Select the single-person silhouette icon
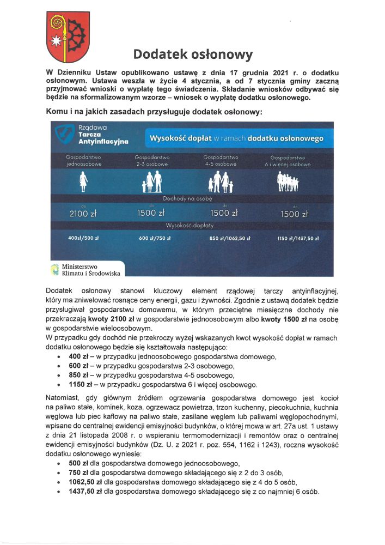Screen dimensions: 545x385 pyautogui.click(x=84, y=181)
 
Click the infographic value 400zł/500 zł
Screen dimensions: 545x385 pyautogui.click(x=83, y=239)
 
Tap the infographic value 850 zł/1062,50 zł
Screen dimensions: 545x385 pyautogui.click(x=230, y=239)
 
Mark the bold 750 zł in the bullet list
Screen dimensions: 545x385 pyautogui.click(x=75, y=473)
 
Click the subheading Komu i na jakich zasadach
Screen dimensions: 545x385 pyautogui.click(x=154, y=111)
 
